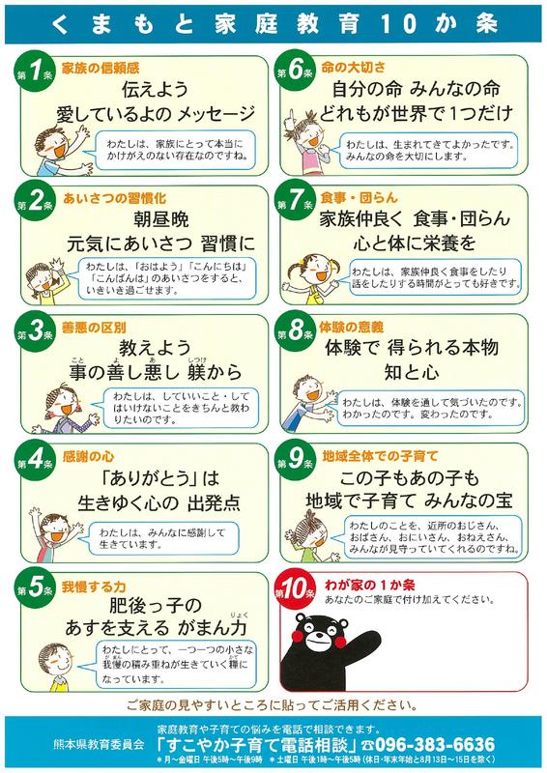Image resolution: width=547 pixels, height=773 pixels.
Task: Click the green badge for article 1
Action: click(35, 72)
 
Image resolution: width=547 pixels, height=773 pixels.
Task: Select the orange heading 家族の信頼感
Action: click(101, 68)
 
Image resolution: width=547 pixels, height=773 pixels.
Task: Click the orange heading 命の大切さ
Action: click(353, 67)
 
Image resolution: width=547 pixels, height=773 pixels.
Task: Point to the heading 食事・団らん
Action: click(359, 198)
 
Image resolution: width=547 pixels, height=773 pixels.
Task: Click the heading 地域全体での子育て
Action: click(380, 456)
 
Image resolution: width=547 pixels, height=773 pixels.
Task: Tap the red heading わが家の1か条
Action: click(369, 586)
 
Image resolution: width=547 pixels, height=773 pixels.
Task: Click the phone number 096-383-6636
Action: click(435, 744)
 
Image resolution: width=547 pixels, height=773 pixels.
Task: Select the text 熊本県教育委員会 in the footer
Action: click(99, 744)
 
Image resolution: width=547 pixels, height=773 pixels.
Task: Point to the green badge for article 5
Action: click(35, 589)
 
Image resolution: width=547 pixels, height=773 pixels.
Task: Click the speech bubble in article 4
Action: click(162, 538)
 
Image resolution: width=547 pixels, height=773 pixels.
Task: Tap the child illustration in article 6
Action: click(306, 142)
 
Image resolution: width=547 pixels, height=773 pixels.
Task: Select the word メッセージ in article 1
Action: click(216, 114)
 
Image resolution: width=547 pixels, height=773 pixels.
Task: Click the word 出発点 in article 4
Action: click(215, 502)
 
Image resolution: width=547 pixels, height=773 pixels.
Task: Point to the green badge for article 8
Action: click(295, 330)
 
